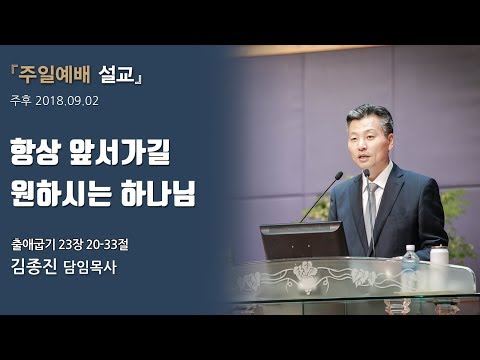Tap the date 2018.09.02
click(70, 100)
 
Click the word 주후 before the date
click(20, 100)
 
